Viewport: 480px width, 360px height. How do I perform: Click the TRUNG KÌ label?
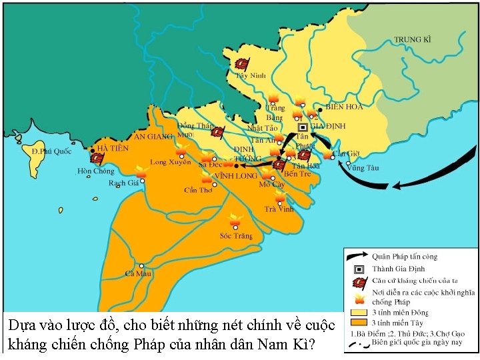point(413,39)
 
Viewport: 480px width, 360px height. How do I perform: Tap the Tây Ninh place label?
point(251,76)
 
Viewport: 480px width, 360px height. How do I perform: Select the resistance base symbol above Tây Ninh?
point(242,63)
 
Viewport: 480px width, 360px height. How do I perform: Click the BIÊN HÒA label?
point(345,107)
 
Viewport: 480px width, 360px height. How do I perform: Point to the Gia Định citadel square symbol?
point(302,126)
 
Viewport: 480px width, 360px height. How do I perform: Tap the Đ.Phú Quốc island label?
point(51,151)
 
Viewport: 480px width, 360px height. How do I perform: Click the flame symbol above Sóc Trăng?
point(233,219)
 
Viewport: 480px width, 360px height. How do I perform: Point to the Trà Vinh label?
point(279,209)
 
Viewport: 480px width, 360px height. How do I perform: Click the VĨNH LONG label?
point(235,176)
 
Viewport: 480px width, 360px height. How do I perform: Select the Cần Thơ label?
point(199,191)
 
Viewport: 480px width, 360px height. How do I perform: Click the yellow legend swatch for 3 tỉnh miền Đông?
point(359,312)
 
